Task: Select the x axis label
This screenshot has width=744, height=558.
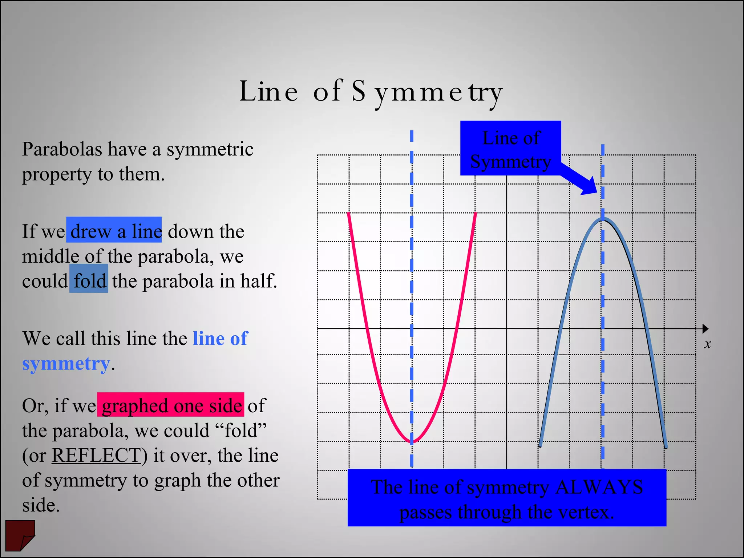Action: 707,344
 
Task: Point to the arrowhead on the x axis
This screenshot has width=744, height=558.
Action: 705,329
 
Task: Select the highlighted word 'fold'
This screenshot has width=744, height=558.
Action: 90,281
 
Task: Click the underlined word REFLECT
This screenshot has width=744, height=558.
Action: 96,455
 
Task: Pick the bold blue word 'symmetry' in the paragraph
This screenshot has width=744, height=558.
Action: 66,364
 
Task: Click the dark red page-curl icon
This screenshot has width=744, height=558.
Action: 20,535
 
